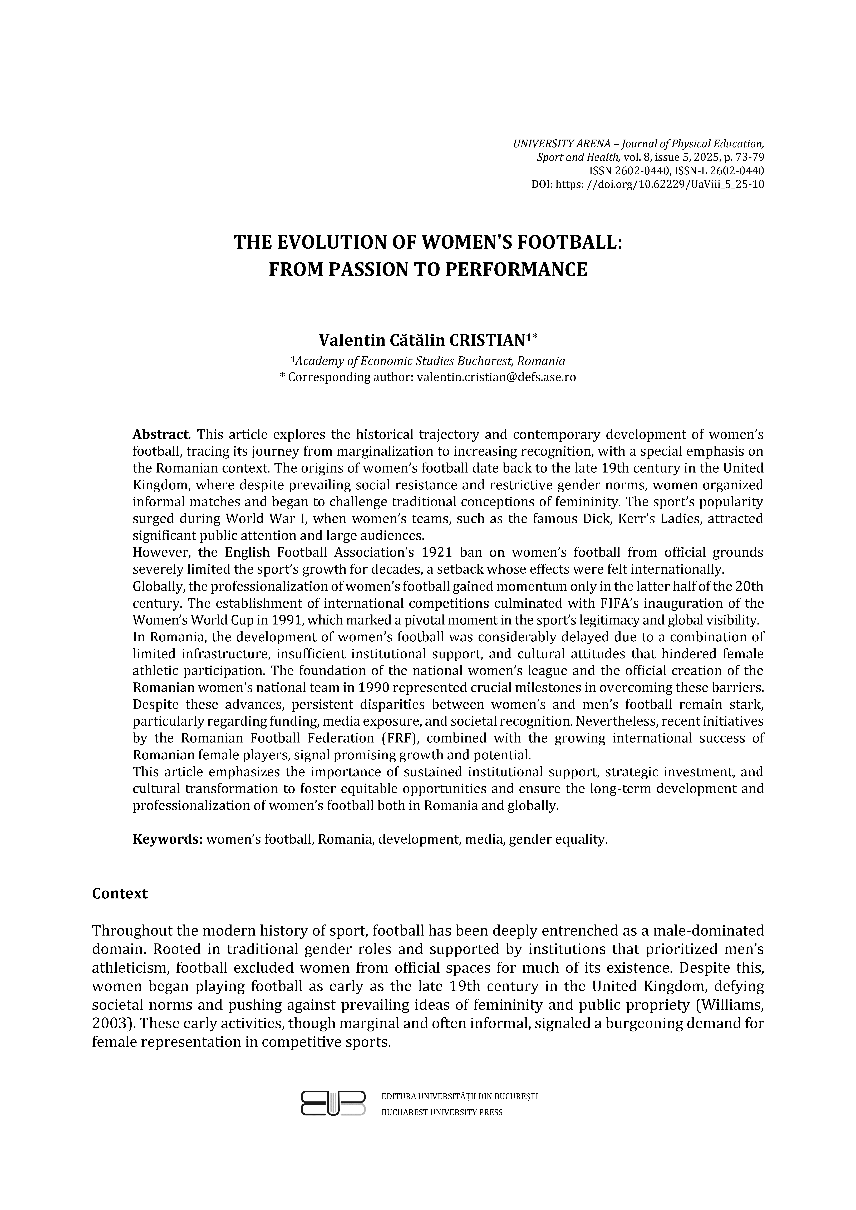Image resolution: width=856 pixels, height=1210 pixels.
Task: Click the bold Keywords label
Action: [x=168, y=839]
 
